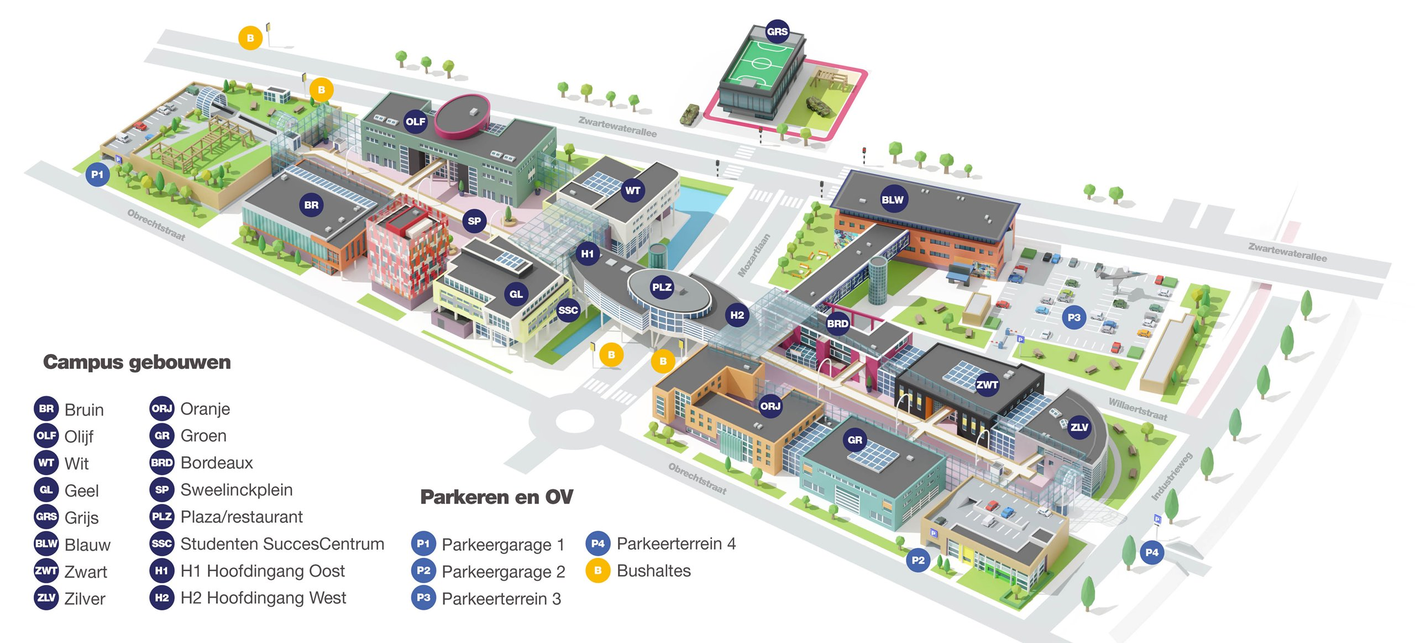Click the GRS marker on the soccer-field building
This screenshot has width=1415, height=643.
tap(777, 31)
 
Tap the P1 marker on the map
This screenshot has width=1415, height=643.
tap(97, 175)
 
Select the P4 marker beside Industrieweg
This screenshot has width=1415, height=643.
tap(1152, 552)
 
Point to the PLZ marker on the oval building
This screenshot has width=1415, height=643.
tap(662, 287)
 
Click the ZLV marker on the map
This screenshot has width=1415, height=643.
tap(1079, 427)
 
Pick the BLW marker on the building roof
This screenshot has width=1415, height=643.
tap(892, 199)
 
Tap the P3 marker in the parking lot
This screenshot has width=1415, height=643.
tap(1073, 318)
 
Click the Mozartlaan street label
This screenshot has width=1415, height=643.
tap(754, 255)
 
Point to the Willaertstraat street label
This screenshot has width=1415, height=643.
tap(1138, 409)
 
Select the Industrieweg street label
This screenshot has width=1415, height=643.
tap(1172, 476)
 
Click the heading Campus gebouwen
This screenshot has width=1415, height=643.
tap(137, 362)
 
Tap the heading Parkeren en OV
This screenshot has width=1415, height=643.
tap(496, 497)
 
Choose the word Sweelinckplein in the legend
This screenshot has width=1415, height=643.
tap(237, 490)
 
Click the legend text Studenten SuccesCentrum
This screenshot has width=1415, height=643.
tap(282, 544)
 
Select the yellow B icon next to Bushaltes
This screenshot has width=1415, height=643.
tap(598, 571)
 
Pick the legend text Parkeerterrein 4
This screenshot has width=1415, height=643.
tap(676, 544)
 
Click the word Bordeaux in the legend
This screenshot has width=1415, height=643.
tap(217, 463)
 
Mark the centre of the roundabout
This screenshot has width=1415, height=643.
tap(574, 421)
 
